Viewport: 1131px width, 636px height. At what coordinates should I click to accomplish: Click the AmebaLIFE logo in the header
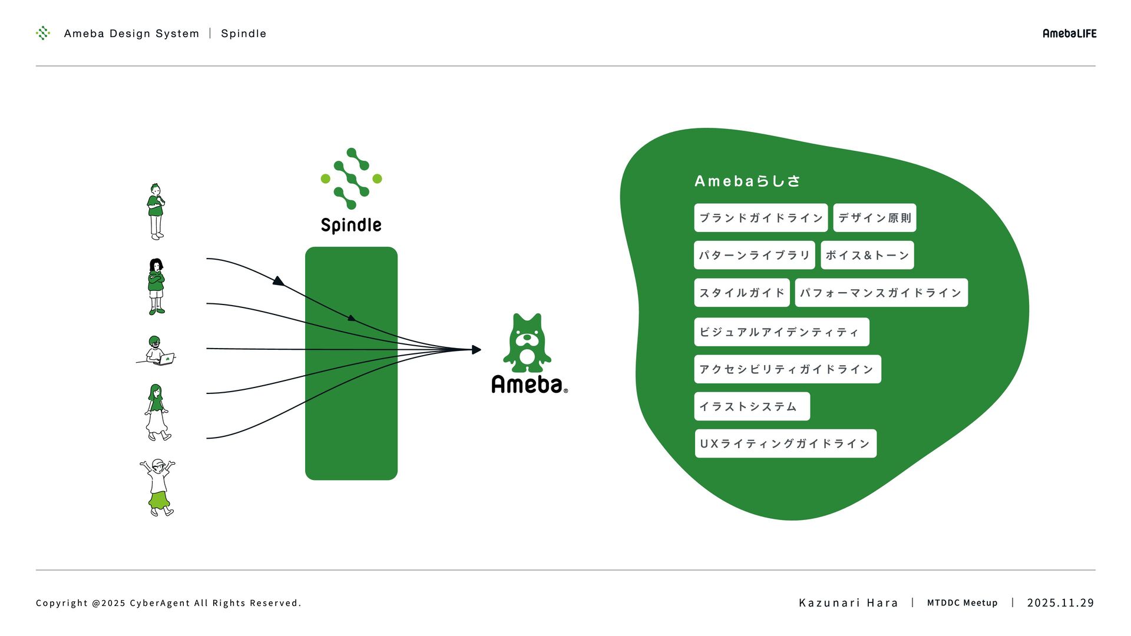1069,34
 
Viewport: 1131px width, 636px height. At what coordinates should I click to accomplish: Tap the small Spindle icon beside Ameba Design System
43,33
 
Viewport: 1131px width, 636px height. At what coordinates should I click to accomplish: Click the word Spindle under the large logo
351,225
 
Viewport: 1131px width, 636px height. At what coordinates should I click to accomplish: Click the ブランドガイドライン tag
760,218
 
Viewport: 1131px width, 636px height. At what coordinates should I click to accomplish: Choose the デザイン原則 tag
874,218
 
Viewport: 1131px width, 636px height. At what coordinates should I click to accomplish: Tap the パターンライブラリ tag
754,255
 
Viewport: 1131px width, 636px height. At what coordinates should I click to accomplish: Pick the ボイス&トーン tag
867,255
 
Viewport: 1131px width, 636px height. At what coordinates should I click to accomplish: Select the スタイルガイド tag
742,293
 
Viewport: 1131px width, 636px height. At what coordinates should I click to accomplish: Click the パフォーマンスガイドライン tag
881,293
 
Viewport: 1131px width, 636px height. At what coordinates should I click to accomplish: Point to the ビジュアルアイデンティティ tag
781,332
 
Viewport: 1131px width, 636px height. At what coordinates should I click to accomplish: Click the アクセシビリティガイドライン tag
787,369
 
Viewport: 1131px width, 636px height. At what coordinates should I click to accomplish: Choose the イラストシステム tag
752,406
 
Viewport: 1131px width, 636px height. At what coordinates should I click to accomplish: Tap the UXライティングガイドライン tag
785,443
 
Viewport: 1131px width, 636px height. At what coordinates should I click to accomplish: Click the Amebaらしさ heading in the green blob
747,181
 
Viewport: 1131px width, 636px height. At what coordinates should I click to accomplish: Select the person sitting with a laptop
157,351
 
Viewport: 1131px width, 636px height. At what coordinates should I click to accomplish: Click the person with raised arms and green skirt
158,488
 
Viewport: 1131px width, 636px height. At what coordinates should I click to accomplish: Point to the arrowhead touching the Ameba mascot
477,350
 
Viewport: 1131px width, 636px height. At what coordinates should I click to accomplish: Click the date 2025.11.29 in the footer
1060,602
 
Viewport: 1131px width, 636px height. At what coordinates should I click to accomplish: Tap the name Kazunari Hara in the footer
848,602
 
